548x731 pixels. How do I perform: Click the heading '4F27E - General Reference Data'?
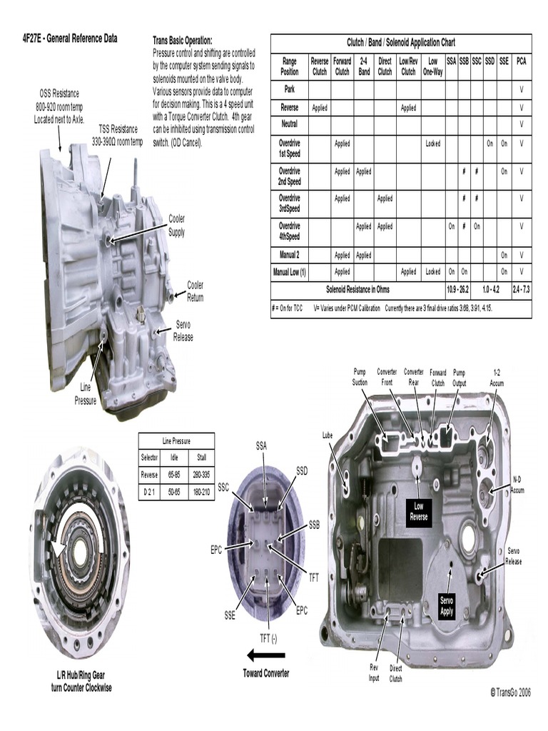(x=70, y=39)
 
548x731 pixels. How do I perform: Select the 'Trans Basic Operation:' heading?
(x=183, y=41)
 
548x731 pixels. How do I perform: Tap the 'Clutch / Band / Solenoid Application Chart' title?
(x=400, y=43)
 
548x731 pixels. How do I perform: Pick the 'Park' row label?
(x=289, y=90)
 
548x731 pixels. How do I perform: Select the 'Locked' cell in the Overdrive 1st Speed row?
(x=432, y=143)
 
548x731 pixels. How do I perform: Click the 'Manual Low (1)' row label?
(x=289, y=272)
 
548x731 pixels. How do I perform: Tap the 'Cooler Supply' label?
(x=176, y=226)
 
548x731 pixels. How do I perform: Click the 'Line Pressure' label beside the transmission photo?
(x=85, y=394)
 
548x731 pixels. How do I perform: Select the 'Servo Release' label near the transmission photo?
(x=183, y=331)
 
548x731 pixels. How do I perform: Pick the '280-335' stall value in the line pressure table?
(x=201, y=474)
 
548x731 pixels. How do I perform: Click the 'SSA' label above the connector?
(x=262, y=446)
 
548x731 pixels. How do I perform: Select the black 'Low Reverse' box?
(x=419, y=511)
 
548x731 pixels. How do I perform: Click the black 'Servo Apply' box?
(x=447, y=607)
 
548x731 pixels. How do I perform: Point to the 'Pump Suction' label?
(x=360, y=377)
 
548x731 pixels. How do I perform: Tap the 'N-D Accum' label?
(x=517, y=485)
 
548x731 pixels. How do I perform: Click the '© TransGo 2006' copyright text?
(x=511, y=692)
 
